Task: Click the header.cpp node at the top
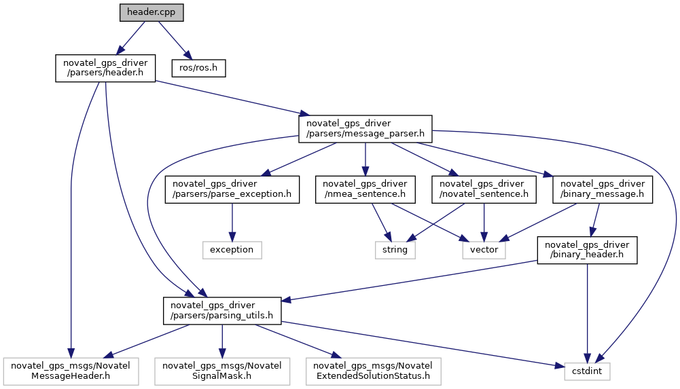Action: point(151,13)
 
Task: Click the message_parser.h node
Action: point(365,128)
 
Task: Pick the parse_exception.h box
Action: point(232,189)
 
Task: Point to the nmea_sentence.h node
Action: point(365,189)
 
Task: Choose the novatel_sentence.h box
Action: point(483,189)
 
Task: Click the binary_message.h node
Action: point(603,189)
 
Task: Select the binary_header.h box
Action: point(587,250)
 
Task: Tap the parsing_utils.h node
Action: point(222,310)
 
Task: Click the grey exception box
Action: point(232,250)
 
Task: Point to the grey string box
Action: point(395,250)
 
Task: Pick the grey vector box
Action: point(484,250)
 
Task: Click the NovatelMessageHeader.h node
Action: point(72,371)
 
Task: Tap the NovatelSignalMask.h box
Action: point(222,371)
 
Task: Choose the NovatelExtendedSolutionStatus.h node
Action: point(373,371)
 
